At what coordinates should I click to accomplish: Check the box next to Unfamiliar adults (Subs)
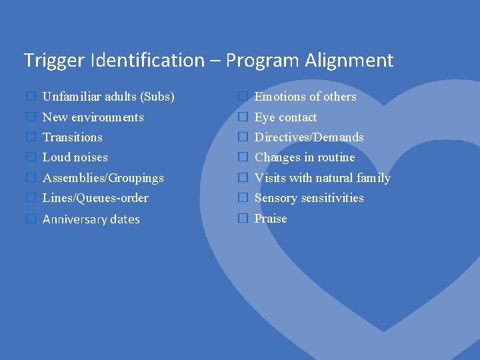click(30, 97)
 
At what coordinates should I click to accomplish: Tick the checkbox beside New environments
click(30, 117)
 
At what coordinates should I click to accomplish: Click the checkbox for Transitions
click(30, 137)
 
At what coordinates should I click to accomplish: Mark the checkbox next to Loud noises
click(30, 158)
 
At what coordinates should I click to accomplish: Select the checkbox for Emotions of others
click(243, 97)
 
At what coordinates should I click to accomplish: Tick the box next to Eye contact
click(243, 117)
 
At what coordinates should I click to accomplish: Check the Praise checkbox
click(243, 219)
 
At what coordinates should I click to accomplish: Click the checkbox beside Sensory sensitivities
click(243, 198)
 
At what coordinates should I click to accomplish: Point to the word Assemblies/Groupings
click(103, 178)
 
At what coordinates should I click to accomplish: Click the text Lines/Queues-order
click(95, 198)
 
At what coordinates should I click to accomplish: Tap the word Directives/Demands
click(309, 137)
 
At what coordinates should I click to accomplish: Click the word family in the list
click(373, 178)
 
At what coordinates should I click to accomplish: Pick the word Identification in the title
click(147, 61)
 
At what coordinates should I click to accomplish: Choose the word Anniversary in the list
click(73, 219)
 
